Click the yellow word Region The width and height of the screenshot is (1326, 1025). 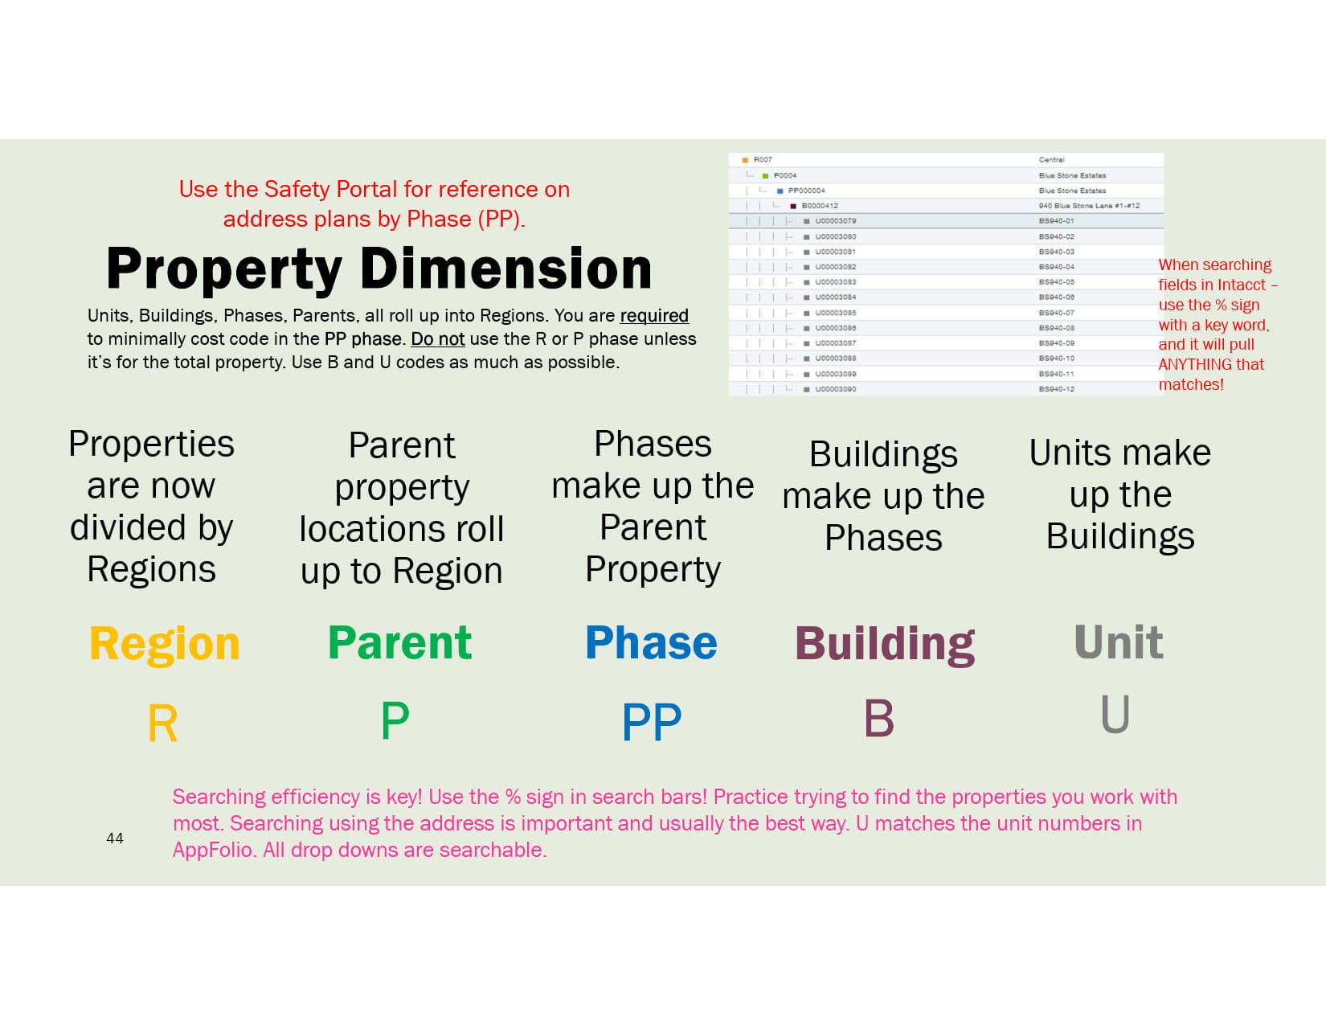point(165,644)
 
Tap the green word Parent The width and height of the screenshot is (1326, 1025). point(399,643)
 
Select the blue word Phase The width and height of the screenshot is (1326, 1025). point(651,643)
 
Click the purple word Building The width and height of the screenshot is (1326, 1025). point(885,644)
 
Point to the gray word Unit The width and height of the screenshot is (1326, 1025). point(1119,643)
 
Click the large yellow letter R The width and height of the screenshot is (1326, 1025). point(162,724)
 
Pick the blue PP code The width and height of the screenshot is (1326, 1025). point(652,722)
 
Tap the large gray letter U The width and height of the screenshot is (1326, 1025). point(1115,715)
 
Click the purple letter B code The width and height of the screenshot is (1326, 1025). point(878,719)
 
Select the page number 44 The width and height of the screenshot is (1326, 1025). point(115,838)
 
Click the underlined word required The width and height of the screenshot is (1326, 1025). point(654,316)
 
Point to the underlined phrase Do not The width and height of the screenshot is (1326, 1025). point(438,339)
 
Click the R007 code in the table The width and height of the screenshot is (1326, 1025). point(763,160)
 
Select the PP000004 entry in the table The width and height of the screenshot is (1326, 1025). point(806,191)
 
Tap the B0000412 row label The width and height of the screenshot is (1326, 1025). point(820,206)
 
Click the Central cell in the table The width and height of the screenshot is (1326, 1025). point(1051,160)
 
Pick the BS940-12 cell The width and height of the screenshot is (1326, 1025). point(1057,389)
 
